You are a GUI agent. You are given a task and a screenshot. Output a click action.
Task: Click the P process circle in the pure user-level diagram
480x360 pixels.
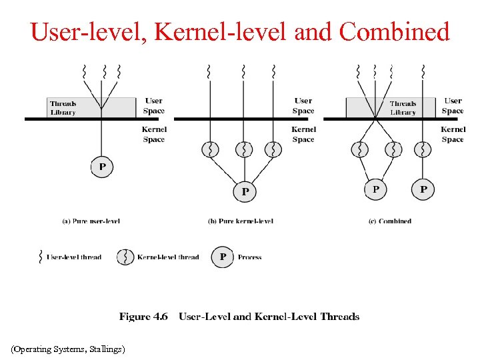point(102,167)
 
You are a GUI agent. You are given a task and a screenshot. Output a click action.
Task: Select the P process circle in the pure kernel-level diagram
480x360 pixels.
point(245,191)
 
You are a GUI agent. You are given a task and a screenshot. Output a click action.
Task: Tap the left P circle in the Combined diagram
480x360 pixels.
point(375,189)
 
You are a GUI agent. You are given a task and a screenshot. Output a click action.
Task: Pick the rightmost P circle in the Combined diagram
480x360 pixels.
point(423,189)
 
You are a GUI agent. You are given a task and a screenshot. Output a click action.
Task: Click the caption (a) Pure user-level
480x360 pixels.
point(91,221)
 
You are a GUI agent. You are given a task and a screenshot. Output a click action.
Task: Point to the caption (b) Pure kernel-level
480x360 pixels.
point(241,221)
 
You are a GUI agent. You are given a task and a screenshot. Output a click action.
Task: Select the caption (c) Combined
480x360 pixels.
point(390,221)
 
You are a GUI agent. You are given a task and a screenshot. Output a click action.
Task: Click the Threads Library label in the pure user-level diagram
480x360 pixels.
point(63,108)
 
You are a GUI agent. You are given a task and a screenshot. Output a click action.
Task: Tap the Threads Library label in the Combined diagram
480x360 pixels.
point(403,108)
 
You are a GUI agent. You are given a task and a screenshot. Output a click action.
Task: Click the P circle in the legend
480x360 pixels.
point(223,257)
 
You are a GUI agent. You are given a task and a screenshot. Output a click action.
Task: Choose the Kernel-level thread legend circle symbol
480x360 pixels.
point(125,257)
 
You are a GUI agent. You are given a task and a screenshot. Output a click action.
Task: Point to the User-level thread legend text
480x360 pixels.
point(73,257)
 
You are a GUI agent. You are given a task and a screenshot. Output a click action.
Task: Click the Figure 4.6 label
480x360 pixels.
point(143,317)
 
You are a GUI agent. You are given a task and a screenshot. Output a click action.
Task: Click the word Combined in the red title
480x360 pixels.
point(394,31)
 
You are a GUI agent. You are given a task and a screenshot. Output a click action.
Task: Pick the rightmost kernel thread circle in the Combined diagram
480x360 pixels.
point(423,149)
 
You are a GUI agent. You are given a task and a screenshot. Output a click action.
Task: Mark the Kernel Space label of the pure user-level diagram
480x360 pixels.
point(154,134)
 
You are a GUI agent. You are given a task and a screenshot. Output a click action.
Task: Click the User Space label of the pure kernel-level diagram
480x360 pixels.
point(303,106)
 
